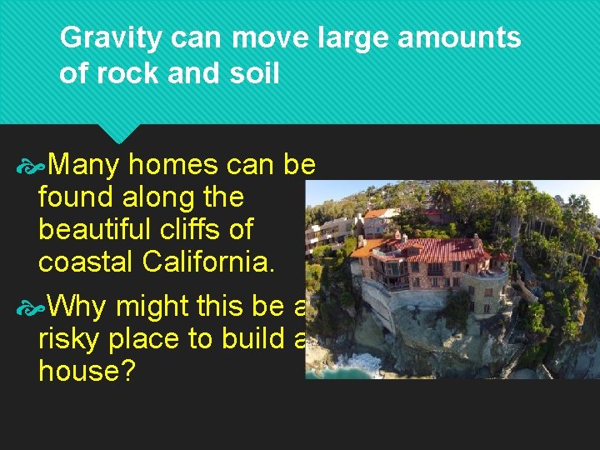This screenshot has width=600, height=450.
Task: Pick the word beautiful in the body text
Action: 99,230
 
